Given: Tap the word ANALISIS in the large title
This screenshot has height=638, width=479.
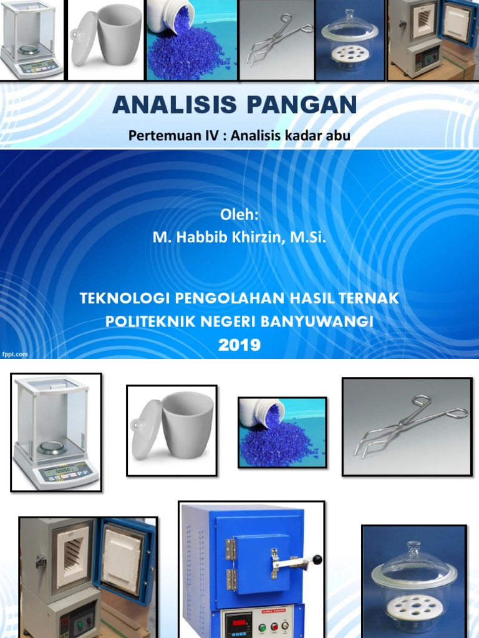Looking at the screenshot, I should (177, 105).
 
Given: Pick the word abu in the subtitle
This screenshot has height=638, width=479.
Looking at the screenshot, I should (337, 135).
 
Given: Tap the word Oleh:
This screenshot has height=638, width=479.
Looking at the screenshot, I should (239, 214).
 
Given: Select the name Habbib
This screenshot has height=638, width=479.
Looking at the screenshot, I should (199, 237).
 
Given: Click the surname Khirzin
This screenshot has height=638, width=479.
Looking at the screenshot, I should (255, 237).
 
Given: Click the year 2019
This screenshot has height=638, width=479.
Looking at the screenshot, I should (239, 345).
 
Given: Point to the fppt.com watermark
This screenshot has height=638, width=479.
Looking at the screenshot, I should (15, 354).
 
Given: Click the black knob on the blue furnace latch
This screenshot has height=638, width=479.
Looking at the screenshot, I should (318, 561).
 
